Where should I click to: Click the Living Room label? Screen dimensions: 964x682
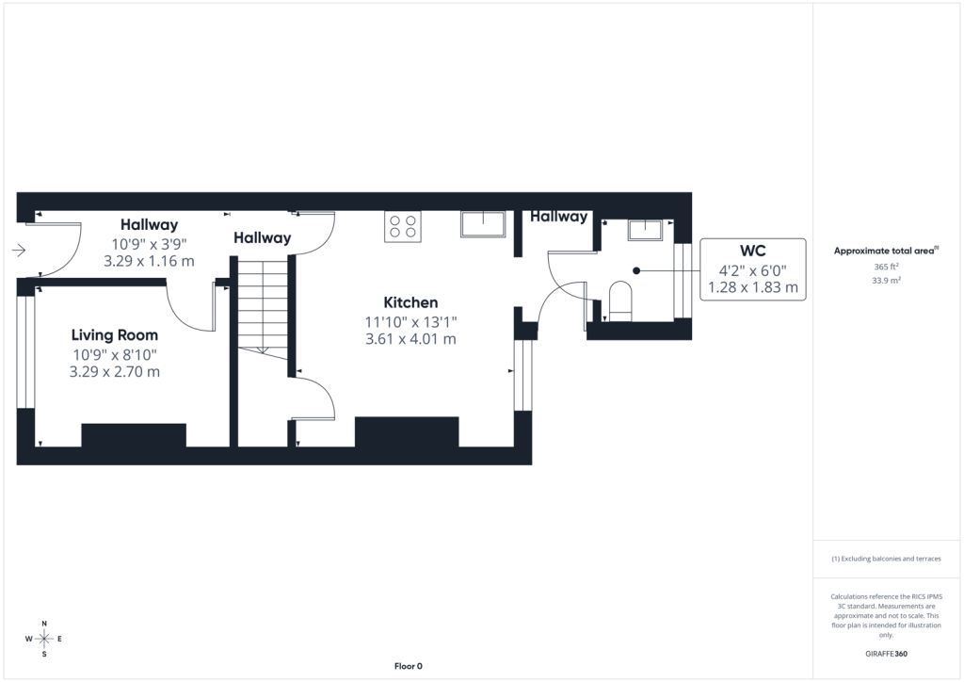[114, 335]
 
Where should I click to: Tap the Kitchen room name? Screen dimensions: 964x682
[410, 302]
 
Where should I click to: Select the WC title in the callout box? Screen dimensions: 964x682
[752, 251]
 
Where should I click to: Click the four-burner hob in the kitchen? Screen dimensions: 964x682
[403, 226]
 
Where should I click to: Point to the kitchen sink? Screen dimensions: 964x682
[483, 224]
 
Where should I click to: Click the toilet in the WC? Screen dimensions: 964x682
[620, 301]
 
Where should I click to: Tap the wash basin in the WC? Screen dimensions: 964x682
[645, 230]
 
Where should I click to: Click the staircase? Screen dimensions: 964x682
[264, 308]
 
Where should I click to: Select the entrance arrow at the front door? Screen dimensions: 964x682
[19, 250]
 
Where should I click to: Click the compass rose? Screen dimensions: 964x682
[43, 639]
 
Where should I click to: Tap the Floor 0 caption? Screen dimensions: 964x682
[409, 666]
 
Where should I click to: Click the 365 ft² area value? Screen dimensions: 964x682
[887, 267]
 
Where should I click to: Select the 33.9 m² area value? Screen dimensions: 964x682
[887, 281]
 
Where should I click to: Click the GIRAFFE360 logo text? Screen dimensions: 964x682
[886, 654]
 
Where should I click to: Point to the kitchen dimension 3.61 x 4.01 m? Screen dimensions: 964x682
[410, 339]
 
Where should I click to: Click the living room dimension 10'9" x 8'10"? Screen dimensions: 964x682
[115, 355]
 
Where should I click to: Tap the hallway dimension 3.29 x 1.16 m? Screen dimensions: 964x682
[149, 261]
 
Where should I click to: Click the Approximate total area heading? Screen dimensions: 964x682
[886, 251]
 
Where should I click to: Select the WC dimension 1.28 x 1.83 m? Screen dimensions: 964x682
[753, 287]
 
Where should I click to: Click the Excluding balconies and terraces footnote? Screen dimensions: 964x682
[886, 559]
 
